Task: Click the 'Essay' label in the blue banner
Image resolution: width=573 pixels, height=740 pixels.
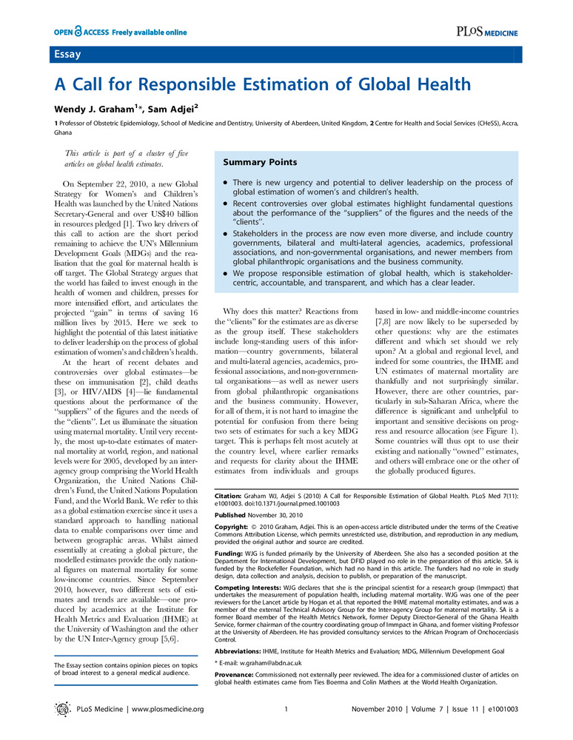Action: click(x=67, y=55)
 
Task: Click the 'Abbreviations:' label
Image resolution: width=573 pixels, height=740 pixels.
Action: click(x=237, y=629)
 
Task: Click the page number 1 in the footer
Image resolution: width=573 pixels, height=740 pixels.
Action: click(x=286, y=709)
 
